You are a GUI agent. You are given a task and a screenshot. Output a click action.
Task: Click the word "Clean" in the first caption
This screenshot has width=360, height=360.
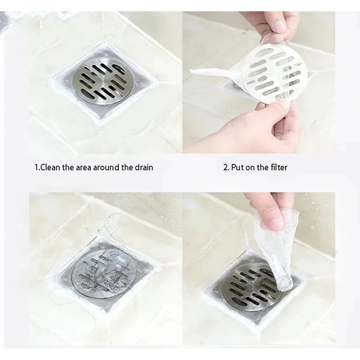[x=50, y=168]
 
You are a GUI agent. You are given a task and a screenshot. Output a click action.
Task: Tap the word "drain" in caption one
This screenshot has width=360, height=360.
[x=144, y=168]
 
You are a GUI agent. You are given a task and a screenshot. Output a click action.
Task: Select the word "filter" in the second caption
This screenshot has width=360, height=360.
[x=279, y=168]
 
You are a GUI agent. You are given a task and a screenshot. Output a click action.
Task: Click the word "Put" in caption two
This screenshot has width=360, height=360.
[x=238, y=168]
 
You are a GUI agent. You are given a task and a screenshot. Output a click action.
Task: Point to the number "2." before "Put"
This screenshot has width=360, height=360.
[x=226, y=168]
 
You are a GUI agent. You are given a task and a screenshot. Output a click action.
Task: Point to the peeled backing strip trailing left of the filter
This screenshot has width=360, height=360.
[x=216, y=72]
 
